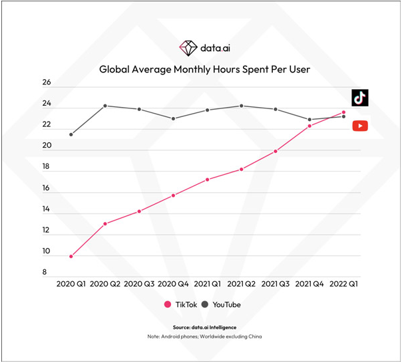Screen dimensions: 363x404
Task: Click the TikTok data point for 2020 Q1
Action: point(71,256)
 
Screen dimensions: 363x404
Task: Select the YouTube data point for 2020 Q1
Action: point(71,134)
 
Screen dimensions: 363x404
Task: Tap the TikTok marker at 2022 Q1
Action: point(343,112)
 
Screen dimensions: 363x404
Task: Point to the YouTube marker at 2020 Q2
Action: point(105,106)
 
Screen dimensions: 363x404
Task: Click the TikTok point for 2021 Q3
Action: point(276,151)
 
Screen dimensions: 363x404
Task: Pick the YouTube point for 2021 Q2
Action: point(242,106)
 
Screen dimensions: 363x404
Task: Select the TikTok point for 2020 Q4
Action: point(173,195)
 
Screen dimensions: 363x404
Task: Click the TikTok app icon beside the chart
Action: point(360,97)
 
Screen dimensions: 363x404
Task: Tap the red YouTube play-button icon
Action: point(360,126)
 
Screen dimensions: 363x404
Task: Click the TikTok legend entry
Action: point(182,304)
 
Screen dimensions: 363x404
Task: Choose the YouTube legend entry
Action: point(221,304)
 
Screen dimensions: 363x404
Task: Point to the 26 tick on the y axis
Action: point(46,83)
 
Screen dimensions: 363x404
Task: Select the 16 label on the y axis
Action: point(46,188)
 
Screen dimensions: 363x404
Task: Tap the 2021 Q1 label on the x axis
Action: point(207,283)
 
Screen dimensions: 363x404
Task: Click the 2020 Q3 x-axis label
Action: point(139,283)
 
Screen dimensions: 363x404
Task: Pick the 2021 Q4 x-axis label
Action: point(309,283)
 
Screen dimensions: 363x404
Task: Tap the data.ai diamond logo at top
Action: point(188,47)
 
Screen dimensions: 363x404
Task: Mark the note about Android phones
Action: point(204,336)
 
